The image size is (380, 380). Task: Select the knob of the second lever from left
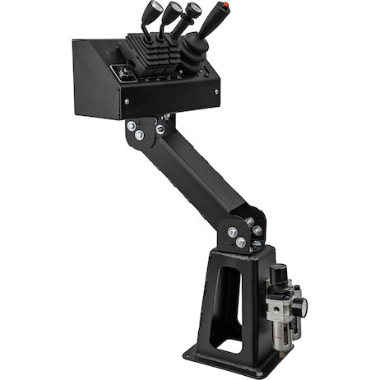(x=175, y=10)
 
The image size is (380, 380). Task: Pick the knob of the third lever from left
(x=195, y=11)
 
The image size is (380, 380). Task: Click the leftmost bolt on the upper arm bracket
(x=132, y=125)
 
